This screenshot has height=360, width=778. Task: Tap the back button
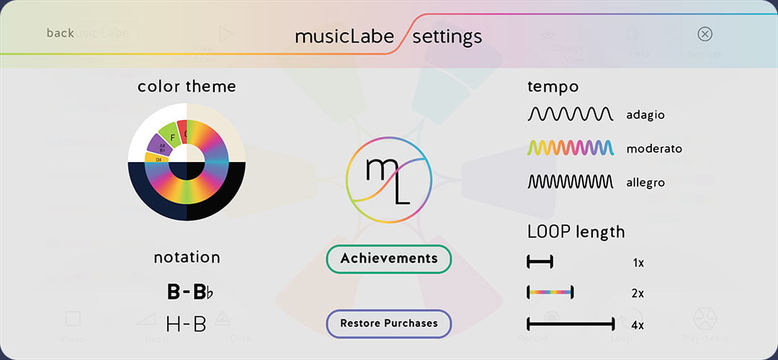(60, 33)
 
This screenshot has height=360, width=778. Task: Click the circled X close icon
(705, 34)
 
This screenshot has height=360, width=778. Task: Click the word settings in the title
(447, 36)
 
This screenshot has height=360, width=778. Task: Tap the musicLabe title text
(344, 36)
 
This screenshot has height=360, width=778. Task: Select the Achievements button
(389, 258)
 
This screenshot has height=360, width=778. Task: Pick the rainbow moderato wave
(571, 148)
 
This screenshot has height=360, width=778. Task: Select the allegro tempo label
(645, 183)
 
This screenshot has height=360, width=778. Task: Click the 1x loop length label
(638, 263)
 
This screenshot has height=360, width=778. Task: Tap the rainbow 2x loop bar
(550, 292)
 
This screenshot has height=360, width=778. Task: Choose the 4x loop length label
(638, 325)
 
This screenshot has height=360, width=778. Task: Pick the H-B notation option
(186, 325)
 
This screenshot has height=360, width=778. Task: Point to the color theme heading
(187, 86)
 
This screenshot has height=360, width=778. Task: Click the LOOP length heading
(576, 232)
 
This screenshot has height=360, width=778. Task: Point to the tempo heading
(553, 86)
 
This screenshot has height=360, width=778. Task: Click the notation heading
(187, 257)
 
